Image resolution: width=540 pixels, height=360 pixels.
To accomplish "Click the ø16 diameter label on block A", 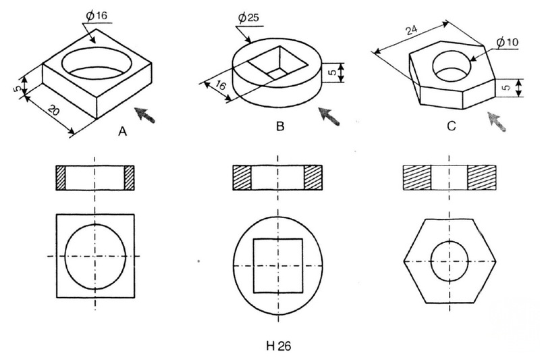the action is (x=97, y=16).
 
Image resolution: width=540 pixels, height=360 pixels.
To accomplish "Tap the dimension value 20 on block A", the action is (x=53, y=110).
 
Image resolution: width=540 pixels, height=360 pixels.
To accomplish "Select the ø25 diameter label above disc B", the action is (x=248, y=18).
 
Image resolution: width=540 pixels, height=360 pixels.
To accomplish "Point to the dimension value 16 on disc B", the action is (x=221, y=84).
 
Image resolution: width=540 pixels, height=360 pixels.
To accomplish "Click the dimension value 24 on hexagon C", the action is (x=412, y=30).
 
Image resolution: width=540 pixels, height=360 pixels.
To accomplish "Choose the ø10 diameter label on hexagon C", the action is (x=508, y=42).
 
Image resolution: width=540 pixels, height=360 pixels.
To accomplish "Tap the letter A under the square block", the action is (x=122, y=131).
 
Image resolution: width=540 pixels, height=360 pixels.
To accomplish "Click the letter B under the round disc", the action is (x=280, y=126).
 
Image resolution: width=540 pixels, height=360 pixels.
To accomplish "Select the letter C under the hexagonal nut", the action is (x=451, y=126).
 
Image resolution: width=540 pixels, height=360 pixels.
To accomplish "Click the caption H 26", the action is (x=279, y=346).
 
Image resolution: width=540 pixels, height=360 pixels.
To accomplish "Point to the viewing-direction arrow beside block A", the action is (x=144, y=114).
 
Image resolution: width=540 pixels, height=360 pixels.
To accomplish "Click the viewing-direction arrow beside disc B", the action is (x=329, y=115).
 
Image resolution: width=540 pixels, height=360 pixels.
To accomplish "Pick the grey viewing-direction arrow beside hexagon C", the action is (x=496, y=122).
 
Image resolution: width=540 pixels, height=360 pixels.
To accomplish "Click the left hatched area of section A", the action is (x=61, y=178).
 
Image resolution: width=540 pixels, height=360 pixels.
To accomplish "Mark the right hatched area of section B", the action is (x=313, y=178).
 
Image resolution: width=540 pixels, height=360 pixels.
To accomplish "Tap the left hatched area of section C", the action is (x=417, y=178).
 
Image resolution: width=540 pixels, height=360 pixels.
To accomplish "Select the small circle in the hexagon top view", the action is (x=450, y=241).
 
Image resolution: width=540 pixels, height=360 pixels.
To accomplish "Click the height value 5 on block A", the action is (x=17, y=88).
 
